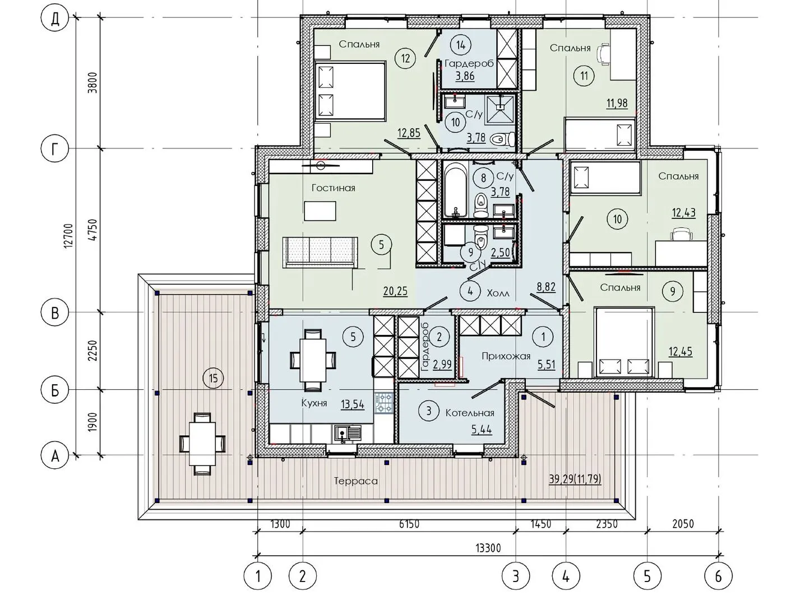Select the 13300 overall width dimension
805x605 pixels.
tap(488, 548)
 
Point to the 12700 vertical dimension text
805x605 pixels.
tap(68, 236)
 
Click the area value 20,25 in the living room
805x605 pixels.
tap(395, 291)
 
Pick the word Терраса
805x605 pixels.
tap(356, 481)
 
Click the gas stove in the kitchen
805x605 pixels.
tap(384, 403)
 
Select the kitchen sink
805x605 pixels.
tap(348, 434)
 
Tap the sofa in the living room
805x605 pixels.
tap(320, 252)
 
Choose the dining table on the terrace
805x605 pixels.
tap(202, 444)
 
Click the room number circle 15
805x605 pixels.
tap(213, 378)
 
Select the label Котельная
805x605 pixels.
tap(470, 413)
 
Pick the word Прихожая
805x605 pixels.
tap(506, 356)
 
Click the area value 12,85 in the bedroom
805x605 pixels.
tap(409, 133)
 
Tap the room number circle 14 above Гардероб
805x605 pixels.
tap(461, 45)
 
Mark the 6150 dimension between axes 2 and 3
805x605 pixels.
tap(409, 524)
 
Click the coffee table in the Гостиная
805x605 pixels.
tap(320, 211)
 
